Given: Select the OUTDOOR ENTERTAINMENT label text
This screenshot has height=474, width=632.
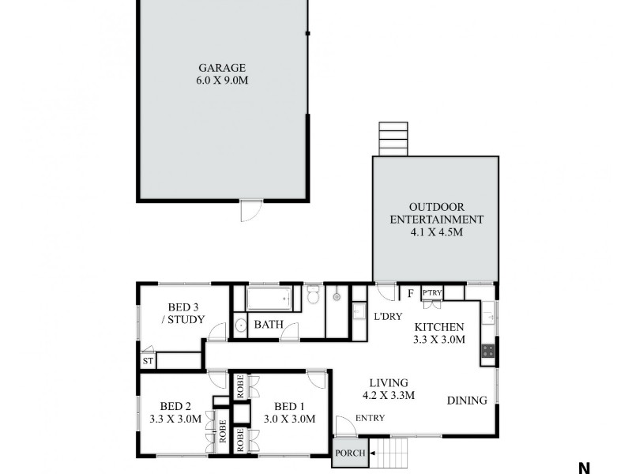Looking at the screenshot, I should (x=436, y=213).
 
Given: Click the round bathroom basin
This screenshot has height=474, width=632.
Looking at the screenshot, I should (x=240, y=324).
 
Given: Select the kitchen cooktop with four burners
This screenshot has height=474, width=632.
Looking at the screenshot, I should (x=488, y=350).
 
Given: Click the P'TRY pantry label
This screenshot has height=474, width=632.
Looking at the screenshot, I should (x=432, y=293).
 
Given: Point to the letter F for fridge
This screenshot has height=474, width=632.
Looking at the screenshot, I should (x=410, y=294).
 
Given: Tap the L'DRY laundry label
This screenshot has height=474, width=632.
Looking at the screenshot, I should (x=387, y=316).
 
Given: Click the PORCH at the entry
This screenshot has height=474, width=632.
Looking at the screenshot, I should (x=348, y=453).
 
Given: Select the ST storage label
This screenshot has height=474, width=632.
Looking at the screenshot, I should (x=147, y=361).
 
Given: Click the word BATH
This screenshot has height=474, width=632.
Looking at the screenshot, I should (x=268, y=324).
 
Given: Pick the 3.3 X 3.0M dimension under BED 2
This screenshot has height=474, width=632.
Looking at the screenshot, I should (x=175, y=419).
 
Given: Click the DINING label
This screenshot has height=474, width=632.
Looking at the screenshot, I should (x=467, y=401).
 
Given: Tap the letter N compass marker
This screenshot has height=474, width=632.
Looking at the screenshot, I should (x=584, y=468).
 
